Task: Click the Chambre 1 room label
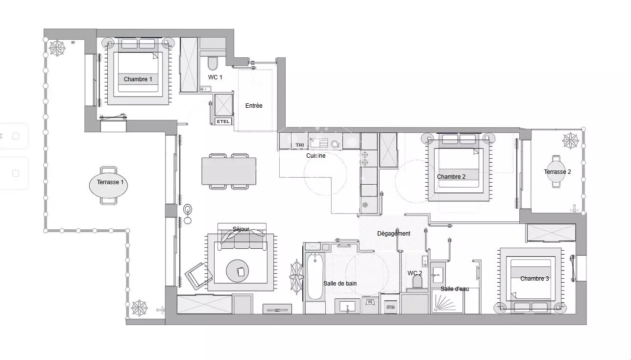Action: (138, 79)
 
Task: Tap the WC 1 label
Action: (215, 77)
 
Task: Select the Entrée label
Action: (254, 106)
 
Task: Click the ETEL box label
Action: (223, 121)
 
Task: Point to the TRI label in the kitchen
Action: (300, 145)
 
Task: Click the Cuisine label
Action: (316, 155)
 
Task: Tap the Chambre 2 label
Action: (451, 177)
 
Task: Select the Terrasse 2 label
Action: (558, 171)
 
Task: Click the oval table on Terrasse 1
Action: (108, 185)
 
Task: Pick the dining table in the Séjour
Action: (229, 171)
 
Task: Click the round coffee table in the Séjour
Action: (238, 271)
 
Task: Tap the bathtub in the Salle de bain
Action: (315, 276)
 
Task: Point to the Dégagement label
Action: (394, 234)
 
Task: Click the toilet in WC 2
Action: (417, 281)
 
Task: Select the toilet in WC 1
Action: (213, 63)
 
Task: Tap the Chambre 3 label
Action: (534, 279)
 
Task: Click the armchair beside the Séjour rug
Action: (198, 276)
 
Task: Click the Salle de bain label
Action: (340, 284)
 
